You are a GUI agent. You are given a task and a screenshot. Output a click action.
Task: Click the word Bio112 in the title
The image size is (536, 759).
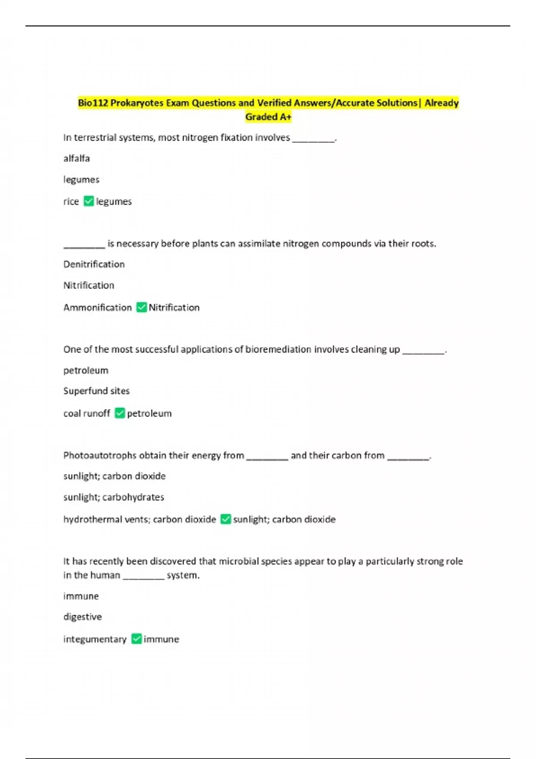click(x=93, y=103)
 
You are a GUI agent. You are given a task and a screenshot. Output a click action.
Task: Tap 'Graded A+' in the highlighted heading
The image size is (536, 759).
click(x=268, y=117)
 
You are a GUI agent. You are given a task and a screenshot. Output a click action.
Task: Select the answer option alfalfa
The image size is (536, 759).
click(x=76, y=158)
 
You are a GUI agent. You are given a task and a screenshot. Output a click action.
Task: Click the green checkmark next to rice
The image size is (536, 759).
click(x=89, y=201)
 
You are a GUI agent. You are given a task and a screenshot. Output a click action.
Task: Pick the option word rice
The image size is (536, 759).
click(x=71, y=202)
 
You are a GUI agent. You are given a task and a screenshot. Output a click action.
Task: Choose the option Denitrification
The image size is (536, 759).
click(x=94, y=264)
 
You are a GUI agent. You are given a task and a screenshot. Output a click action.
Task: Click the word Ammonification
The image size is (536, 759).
click(x=97, y=308)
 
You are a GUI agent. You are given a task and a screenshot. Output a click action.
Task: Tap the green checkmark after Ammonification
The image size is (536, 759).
click(x=142, y=307)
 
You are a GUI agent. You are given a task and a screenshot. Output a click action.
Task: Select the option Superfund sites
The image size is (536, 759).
click(x=96, y=391)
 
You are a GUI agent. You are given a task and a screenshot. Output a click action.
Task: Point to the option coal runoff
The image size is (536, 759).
click(x=87, y=413)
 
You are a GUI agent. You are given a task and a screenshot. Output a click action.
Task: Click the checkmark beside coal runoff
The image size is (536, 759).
click(x=120, y=413)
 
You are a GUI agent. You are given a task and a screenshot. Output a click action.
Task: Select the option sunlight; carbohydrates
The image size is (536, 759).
click(x=113, y=497)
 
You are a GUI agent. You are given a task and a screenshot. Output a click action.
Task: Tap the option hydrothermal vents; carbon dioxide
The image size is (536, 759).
click(x=139, y=520)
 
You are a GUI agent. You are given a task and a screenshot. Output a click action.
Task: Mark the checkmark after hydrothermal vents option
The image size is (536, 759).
click(x=226, y=519)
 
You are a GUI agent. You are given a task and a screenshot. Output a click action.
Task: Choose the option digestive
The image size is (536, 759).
click(x=83, y=617)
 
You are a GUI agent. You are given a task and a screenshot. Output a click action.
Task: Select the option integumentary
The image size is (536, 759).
click(x=95, y=639)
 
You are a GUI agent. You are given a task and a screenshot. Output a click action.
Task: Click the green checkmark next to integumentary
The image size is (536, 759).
click(x=137, y=639)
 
